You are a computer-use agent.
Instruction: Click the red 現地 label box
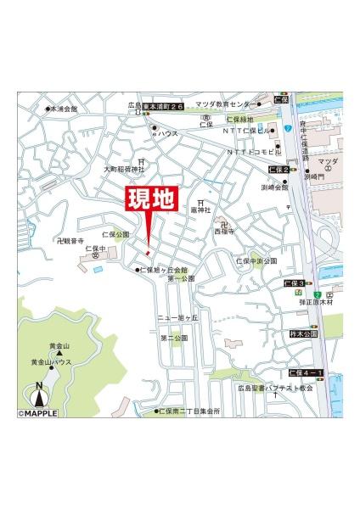[x=150, y=200]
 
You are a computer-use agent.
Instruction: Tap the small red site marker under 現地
[x=148, y=252]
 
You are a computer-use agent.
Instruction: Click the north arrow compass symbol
[x=38, y=394]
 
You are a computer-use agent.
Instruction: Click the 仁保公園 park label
[x=115, y=233]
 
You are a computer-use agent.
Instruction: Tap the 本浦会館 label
[x=63, y=109]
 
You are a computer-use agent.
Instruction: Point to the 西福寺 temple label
[x=223, y=231]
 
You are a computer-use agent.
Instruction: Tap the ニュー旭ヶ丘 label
[x=177, y=317]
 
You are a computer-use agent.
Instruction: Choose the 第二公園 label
[x=173, y=338]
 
